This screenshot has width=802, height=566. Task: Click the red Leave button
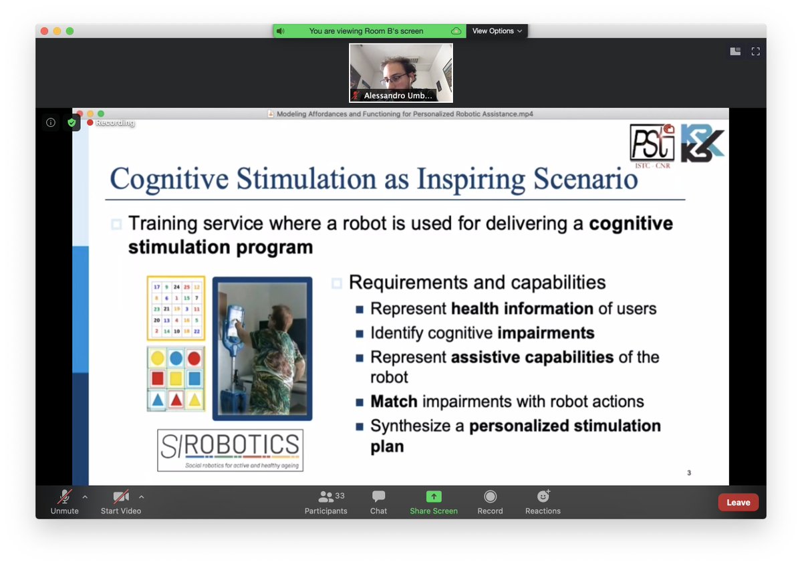tap(738, 503)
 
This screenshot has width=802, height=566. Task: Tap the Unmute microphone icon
tap(65, 497)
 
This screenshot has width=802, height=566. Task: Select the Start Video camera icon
tap(121, 497)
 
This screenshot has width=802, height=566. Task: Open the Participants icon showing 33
tap(326, 497)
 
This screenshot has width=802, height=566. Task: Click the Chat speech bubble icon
tap(378, 497)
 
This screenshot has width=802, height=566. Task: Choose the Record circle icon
tap(490, 497)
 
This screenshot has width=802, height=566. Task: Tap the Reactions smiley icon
tap(543, 497)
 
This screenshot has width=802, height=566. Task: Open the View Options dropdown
tap(497, 31)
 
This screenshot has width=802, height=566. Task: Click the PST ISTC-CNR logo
tap(652, 144)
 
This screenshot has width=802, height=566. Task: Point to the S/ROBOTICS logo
tap(230, 450)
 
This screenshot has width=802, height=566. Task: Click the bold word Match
tap(394, 402)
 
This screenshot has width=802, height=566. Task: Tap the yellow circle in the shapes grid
tap(158, 359)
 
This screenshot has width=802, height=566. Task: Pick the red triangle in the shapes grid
tap(176, 400)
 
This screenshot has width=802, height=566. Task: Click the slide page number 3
tap(689, 473)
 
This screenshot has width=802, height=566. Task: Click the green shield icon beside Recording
tap(72, 122)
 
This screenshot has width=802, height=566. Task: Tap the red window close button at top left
tap(45, 31)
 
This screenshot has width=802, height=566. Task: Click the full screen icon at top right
tap(756, 51)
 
